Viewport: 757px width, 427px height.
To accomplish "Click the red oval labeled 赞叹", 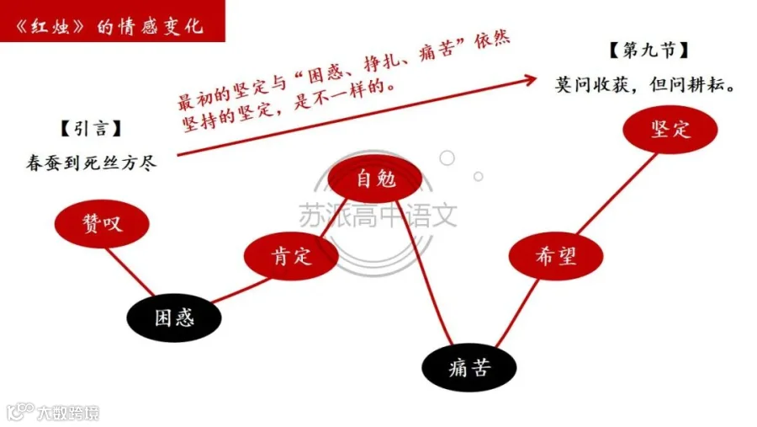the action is (102, 223).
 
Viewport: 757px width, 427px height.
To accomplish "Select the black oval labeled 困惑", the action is (174, 318).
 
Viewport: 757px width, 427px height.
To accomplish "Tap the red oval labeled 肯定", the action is (291, 256).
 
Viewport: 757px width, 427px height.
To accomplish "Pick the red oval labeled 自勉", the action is (375, 179).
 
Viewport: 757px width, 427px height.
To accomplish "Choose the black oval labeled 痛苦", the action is (469, 367).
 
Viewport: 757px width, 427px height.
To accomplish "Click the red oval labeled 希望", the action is (556, 256).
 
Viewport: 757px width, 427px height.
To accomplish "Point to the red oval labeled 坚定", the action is (670, 130).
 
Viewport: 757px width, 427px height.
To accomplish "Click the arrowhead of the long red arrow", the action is (531, 79).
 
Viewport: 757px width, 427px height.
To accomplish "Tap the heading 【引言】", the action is (91, 129).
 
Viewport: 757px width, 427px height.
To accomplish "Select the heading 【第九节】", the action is (648, 50).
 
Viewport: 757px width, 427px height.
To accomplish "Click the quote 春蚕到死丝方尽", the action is (91, 163).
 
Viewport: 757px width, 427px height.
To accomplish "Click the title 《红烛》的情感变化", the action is (109, 26).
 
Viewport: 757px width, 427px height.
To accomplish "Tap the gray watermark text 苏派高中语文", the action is (378, 216).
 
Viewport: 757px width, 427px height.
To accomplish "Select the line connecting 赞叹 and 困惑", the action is (130, 271).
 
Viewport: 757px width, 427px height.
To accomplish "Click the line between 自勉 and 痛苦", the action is (426, 273).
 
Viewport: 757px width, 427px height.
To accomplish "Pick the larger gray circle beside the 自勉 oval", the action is (447, 157).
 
